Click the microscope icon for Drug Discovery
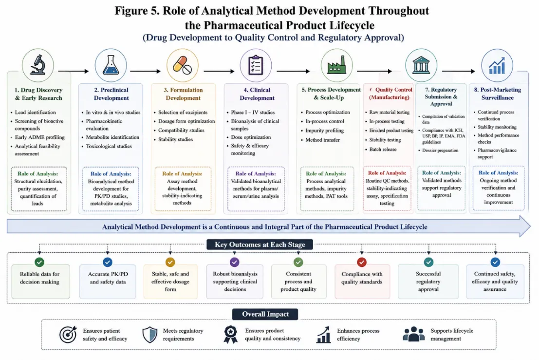pos(38,65)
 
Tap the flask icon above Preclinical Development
pos(111,65)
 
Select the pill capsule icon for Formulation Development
pos(182,65)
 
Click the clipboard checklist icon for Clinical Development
pos(256,65)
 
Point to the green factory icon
pos(336,65)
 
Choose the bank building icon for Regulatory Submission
pos(421,65)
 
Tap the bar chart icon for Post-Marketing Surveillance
pos(497,65)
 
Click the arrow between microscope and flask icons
pos(74,71)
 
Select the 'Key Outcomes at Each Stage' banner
pos(260,245)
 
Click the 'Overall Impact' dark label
pos(265,314)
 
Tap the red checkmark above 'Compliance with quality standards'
pos(362,263)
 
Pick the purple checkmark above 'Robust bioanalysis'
pos(234,263)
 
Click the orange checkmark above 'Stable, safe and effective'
pos(170,263)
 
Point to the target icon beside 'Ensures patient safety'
pos(68,334)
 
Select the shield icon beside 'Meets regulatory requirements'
pos(150,335)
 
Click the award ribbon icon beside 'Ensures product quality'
pos(230,334)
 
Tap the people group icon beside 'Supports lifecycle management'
pos(413,334)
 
